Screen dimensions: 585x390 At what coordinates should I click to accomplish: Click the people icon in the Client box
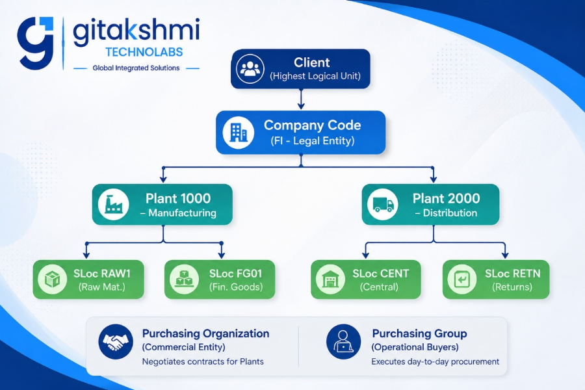[250, 69]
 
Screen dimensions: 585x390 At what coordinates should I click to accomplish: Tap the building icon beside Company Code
[239, 133]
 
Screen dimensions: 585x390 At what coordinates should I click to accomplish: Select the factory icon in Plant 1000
[113, 204]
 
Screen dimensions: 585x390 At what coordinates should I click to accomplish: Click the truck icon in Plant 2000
[382, 204]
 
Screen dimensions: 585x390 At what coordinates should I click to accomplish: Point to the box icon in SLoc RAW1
[52, 279]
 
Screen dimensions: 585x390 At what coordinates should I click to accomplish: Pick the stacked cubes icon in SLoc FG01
[184, 279]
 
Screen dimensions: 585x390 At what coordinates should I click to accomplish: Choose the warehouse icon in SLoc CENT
[330, 279]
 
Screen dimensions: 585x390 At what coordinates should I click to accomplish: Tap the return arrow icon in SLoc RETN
[462, 279]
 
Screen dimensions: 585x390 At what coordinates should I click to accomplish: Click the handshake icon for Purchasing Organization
[116, 341]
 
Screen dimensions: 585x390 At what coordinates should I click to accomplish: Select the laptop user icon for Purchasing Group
[343, 341]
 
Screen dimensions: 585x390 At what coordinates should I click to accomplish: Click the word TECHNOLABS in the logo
[144, 52]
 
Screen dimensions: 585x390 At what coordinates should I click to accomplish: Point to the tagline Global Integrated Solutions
[136, 68]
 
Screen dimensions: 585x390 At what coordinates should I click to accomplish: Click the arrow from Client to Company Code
[301, 99]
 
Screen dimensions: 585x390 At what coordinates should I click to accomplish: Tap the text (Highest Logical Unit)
[315, 76]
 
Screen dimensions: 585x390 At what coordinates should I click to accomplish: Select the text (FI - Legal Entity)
[313, 140]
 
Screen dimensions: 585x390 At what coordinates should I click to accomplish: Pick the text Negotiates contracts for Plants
[203, 361]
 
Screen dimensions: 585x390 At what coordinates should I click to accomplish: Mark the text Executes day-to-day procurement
[435, 361]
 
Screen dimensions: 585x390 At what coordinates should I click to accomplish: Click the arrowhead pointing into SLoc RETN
[505, 255]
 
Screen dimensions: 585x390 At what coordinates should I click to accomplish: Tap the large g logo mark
[36, 43]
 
